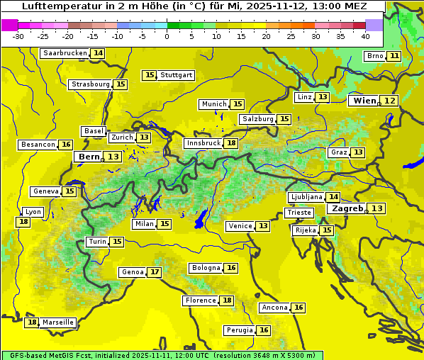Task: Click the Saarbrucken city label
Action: (65, 53)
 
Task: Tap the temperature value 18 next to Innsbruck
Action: (231, 143)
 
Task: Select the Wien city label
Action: (364, 101)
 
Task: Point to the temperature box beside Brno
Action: (394, 56)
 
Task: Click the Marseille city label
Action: (57, 322)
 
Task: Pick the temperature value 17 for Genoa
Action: (155, 272)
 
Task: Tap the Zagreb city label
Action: (347, 208)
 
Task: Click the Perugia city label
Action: (238, 330)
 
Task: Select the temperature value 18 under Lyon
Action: (23, 222)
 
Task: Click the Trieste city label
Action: (299, 213)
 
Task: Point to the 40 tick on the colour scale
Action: (365, 35)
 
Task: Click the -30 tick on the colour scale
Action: (18, 35)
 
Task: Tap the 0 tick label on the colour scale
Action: (167, 35)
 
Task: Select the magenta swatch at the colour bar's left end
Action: (9, 24)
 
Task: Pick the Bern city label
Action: (89, 157)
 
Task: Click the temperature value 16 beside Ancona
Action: (299, 308)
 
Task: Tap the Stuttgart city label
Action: (177, 75)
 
